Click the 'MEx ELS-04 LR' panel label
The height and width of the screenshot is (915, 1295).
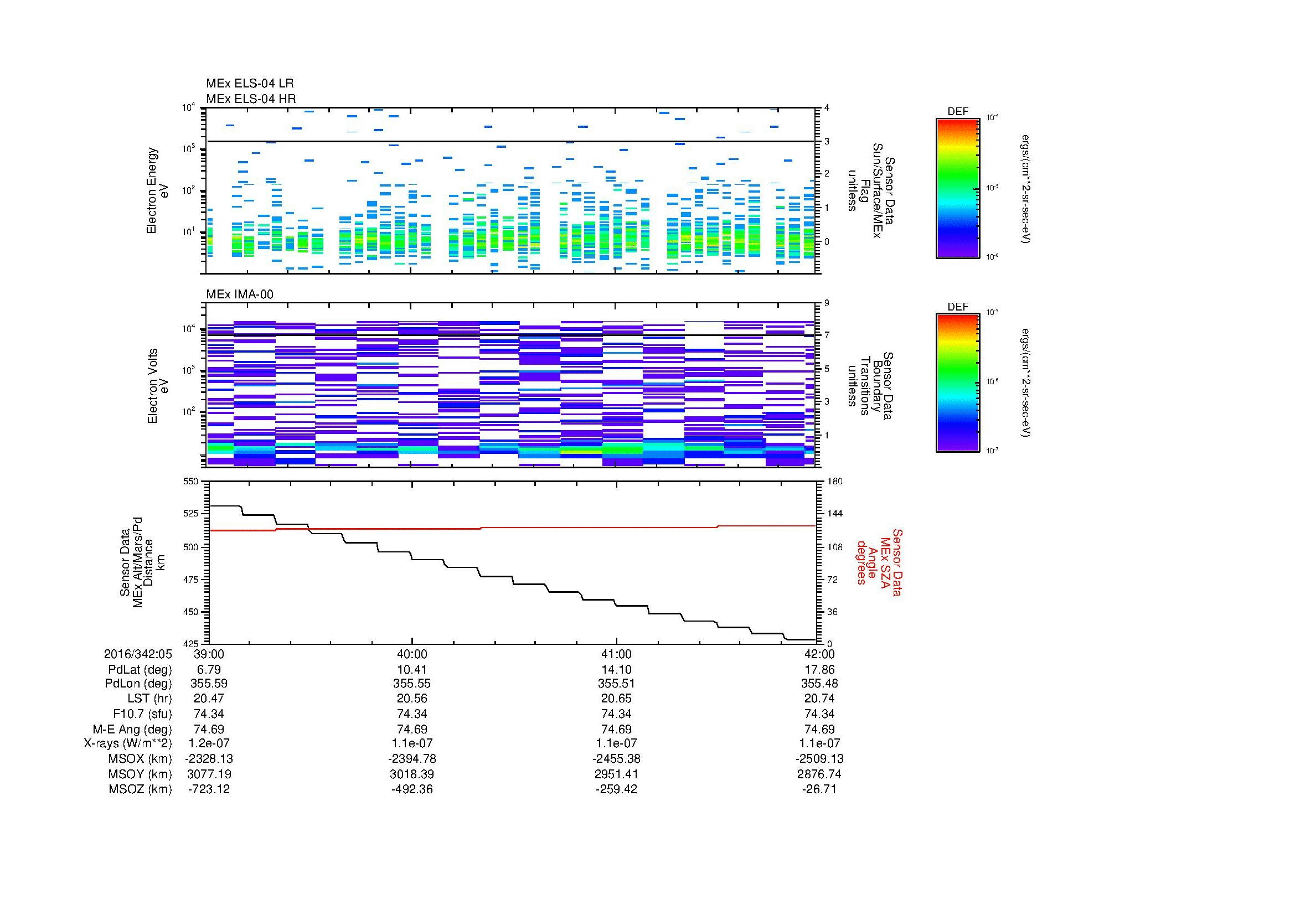(x=250, y=84)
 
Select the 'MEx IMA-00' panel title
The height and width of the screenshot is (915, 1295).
(x=240, y=294)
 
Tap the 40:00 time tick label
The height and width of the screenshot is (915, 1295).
(x=412, y=654)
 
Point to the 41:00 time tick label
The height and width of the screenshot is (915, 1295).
(x=616, y=654)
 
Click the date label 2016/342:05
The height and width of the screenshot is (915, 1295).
(x=138, y=654)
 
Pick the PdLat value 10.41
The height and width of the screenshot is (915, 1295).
(x=412, y=670)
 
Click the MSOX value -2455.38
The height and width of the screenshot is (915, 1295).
(x=616, y=759)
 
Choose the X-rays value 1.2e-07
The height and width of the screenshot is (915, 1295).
(x=209, y=743)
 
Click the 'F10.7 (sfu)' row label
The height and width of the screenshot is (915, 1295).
(x=142, y=714)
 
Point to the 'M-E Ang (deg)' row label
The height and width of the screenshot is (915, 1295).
(x=132, y=729)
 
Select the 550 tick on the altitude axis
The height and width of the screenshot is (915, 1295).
(x=192, y=482)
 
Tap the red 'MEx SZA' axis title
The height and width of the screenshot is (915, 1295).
(x=885, y=562)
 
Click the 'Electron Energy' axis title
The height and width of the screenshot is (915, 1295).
(x=152, y=190)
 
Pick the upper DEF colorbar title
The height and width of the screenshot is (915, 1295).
(x=958, y=112)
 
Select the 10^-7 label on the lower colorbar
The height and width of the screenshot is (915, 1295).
(x=991, y=451)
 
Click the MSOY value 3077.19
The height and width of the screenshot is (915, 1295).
(x=209, y=774)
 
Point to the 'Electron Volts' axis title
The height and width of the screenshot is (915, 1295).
(x=152, y=386)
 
